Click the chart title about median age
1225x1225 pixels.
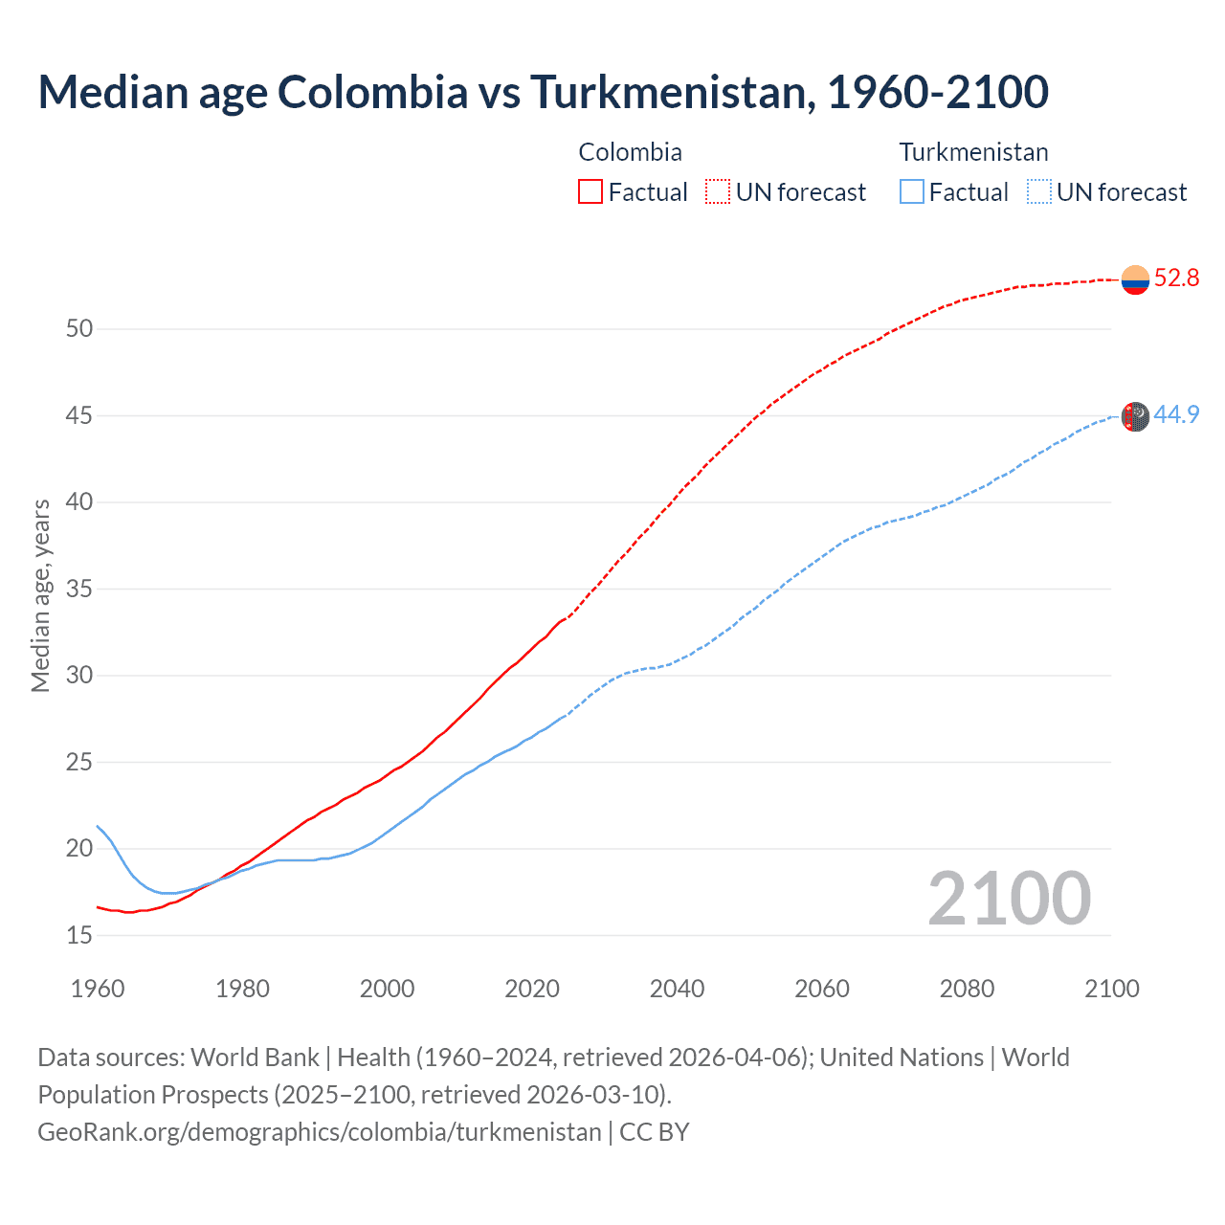543,92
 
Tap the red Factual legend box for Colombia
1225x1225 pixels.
590,191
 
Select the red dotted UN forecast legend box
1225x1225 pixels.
718,191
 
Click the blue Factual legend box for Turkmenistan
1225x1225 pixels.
912,191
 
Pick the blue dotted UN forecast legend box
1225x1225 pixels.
1038,191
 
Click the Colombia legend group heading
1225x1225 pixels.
630,152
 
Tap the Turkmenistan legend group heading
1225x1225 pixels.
973,152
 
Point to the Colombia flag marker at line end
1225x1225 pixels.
1135,279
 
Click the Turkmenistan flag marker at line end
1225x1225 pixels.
1135,416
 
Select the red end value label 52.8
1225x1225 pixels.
1176,278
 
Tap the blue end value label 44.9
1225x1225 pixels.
1176,414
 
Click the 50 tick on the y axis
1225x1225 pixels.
79,328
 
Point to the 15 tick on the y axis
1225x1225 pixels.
79,935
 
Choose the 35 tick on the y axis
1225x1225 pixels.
79,589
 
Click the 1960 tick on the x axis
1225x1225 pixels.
98,989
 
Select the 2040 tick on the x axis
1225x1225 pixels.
677,989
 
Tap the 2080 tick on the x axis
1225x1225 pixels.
967,989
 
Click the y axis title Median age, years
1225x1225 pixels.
40,595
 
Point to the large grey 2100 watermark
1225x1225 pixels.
1009,899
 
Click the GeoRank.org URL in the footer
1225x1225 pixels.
320,1131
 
